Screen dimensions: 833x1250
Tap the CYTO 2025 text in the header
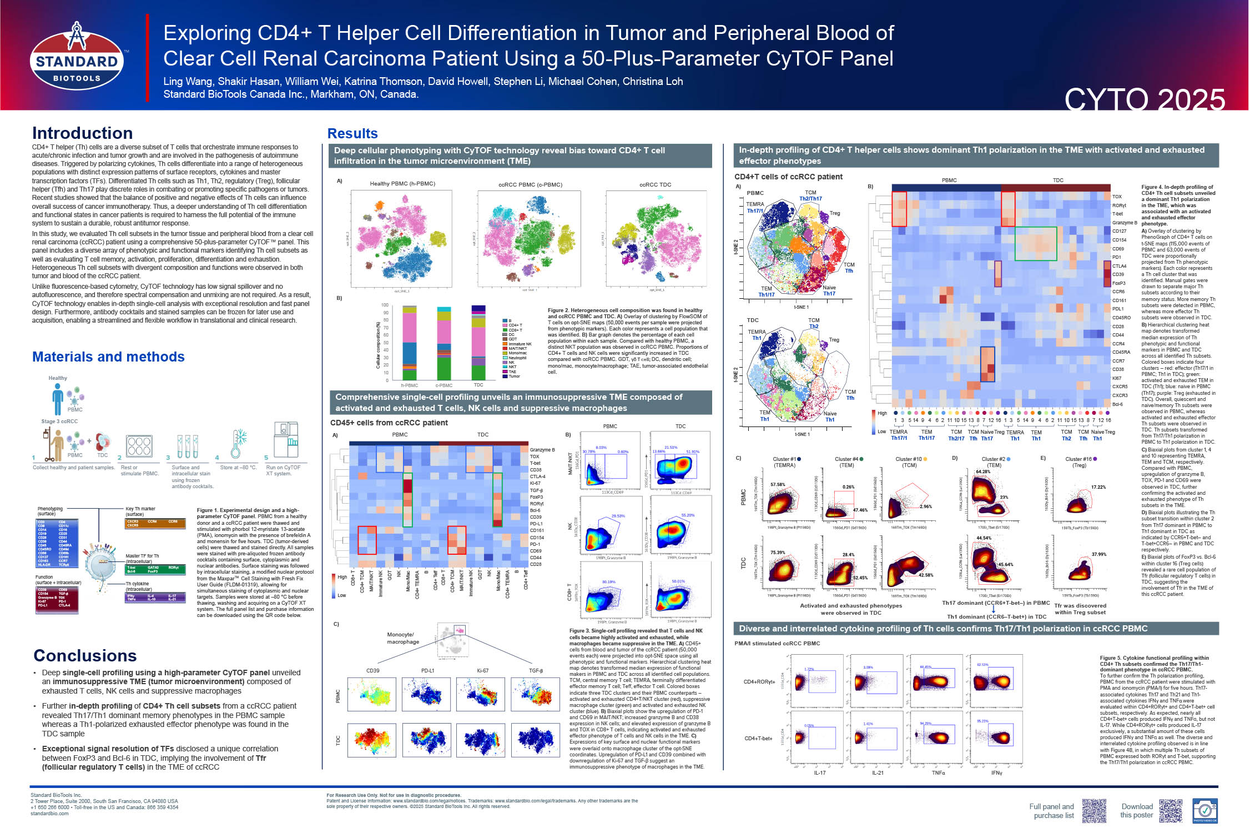click(1144, 100)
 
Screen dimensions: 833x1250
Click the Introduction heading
click(82, 133)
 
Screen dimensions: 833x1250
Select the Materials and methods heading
click(108, 357)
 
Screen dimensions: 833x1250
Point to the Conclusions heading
click(85, 656)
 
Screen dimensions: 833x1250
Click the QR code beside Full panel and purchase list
click(1094, 811)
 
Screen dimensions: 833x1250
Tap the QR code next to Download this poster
click(1171, 811)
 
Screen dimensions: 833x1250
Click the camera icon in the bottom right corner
click(1205, 811)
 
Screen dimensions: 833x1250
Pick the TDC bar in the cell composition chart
click(478, 342)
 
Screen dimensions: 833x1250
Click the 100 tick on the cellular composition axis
click(385, 305)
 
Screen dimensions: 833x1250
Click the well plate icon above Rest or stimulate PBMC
click(139, 445)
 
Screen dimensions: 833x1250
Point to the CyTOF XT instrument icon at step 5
click(286, 439)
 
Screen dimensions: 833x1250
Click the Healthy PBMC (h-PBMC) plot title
click(402, 184)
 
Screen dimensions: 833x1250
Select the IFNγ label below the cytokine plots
click(997, 773)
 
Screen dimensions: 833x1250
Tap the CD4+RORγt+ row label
click(759, 682)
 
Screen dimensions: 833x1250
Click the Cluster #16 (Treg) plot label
click(1079, 462)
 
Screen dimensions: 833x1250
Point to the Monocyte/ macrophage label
click(403, 638)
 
